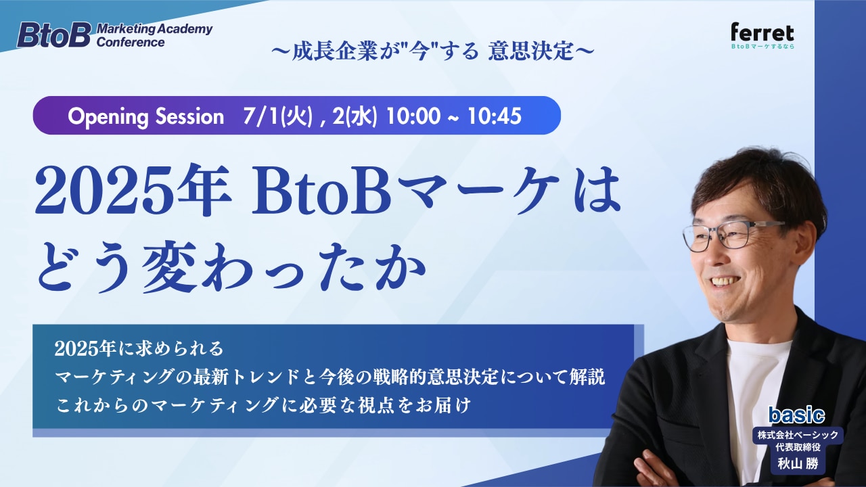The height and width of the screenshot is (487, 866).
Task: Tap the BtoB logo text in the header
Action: [53, 35]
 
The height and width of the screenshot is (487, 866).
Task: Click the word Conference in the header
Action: [131, 42]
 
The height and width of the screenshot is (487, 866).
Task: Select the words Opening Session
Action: [145, 116]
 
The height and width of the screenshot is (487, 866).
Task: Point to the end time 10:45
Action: [495, 116]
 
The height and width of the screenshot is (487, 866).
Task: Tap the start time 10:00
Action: [413, 116]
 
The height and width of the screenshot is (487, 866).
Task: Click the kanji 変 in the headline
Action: [167, 266]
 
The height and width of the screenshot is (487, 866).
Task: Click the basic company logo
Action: [796, 415]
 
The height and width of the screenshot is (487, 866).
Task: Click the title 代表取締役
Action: [798, 448]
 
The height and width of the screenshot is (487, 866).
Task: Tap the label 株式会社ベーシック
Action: [798, 434]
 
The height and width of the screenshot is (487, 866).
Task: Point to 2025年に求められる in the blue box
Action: [139, 348]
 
